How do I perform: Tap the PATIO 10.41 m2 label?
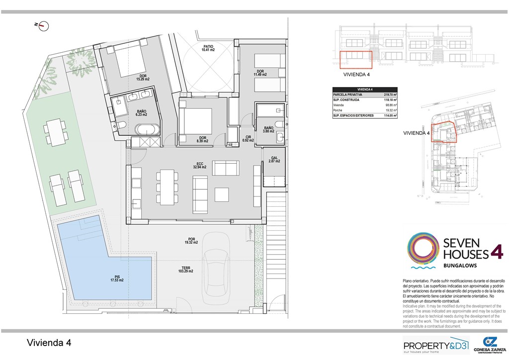(208, 48)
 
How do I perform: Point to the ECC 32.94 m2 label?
(200, 166)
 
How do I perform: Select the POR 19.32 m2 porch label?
(191, 240)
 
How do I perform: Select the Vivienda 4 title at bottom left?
(49, 343)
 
